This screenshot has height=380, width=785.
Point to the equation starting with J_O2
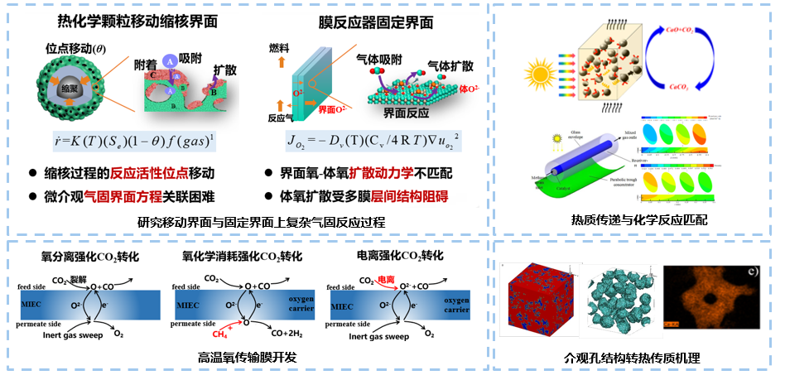373,142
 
